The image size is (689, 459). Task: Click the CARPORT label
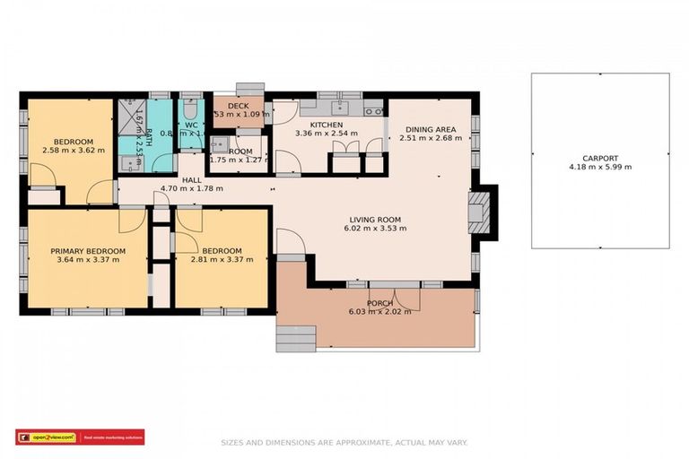[599, 156]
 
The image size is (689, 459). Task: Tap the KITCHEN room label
[327, 125]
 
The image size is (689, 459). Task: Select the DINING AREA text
[430, 129]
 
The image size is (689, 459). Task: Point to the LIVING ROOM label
[375, 219]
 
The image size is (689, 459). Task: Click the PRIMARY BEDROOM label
[87, 251]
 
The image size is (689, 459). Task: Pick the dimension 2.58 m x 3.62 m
[73, 151]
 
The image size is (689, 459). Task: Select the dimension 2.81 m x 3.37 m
[221, 260]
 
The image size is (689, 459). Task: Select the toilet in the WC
[189, 111]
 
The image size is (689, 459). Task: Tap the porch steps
[295, 338]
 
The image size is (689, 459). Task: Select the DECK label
[238, 106]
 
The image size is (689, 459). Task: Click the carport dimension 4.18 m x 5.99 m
[599, 167]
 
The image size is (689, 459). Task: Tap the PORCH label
[379, 302]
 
